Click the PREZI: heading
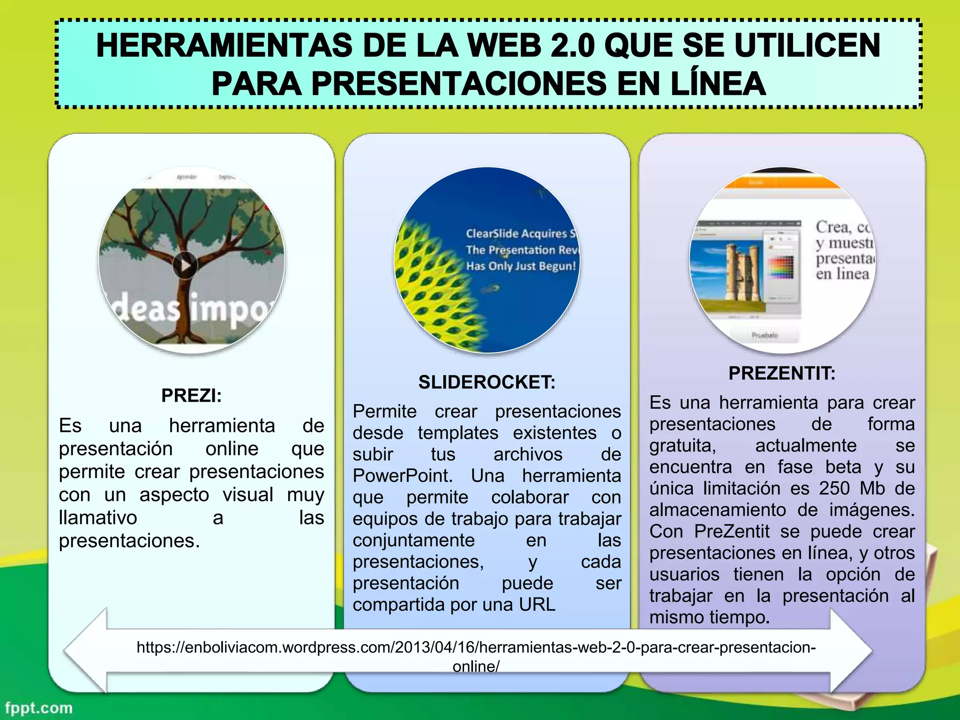coord(191,396)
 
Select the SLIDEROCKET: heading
coord(487,382)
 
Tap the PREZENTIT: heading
coord(782,374)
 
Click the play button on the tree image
coord(185,265)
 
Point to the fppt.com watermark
coord(39,708)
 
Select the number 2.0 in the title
coord(573,45)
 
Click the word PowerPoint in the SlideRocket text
coord(402,476)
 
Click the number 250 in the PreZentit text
coord(834,488)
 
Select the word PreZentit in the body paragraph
coord(732,532)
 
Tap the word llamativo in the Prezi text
coord(98,518)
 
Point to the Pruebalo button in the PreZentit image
coord(765,335)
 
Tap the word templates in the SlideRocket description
coord(458,433)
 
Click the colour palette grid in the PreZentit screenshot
coord(781,268)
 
